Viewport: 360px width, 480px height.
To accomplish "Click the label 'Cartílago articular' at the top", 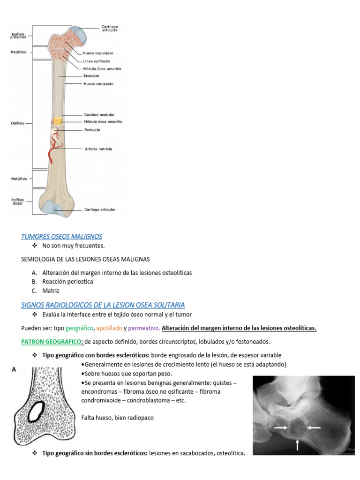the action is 110,28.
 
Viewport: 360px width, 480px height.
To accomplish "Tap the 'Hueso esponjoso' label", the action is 98,53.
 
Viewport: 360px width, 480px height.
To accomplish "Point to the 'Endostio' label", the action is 91,76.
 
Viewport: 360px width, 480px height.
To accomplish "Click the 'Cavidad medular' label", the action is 99,114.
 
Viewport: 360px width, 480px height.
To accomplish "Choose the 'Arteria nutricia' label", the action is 98,149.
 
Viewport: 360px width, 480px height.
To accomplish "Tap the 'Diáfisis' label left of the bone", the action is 17,123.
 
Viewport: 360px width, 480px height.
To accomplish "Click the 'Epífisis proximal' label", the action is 18,35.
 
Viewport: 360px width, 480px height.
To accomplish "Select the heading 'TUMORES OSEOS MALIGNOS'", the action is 61,237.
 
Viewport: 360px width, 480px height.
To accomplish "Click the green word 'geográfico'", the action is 80,328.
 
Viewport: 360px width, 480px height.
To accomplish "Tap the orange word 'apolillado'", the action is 108,328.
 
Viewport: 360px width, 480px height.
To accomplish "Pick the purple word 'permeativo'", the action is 143,328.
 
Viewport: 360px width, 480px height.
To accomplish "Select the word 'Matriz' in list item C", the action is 51,291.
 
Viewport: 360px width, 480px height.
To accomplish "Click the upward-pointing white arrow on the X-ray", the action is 297,444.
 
